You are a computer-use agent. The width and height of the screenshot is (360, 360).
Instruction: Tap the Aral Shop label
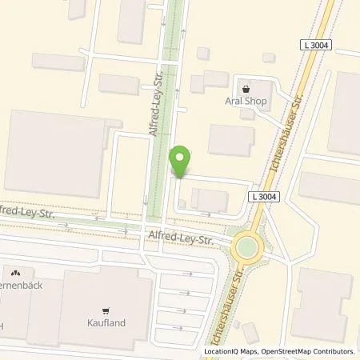(250, 103)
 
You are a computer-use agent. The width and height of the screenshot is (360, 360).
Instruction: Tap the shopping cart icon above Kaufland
(105, 310)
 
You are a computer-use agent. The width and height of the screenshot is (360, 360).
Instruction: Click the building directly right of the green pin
(210, 200)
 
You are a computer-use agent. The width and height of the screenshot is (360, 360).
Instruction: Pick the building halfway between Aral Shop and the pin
(230, 141)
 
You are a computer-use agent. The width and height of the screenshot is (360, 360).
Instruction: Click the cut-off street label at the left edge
(11, 211)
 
